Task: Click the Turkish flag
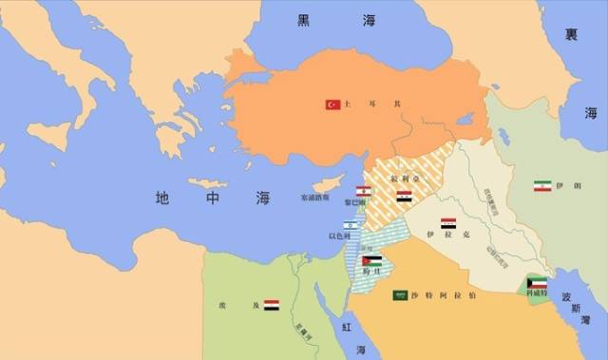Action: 332,104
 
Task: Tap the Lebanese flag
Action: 361,191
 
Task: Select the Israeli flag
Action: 351,224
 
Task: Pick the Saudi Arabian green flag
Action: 401,295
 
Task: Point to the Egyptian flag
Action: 272,305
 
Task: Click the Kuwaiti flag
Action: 538,283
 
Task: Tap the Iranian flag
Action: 542,186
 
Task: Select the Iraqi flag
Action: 447,223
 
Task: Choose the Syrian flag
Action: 404,197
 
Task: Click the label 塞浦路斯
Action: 314,199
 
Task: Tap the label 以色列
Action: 342,236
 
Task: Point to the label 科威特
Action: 538,294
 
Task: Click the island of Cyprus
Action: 329,183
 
